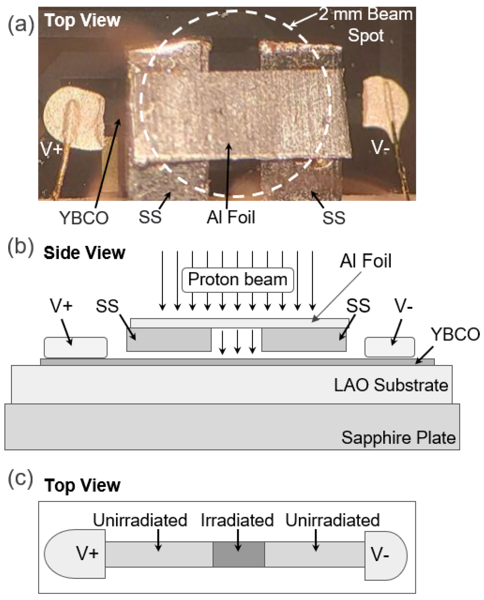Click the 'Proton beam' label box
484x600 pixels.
pyautogui.click(x=238, y=280)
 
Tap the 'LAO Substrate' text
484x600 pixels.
pyautogui.click(x=391, y=385)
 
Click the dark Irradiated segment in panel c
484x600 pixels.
pyautogui.click(x=239, y=554)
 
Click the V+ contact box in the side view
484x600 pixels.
pyautogui.click(x=76, y=347)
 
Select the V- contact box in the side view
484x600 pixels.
pyautogui.click(x=389, y=347)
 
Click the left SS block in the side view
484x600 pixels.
pyautogui.click(x=169, y=339)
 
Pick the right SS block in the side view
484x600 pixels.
pyautogui.click(x=304, y=339)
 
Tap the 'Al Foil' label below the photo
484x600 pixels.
pyautogui.click(x=231, y=217)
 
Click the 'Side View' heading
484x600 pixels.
pyautogui.click(x=84, y=253)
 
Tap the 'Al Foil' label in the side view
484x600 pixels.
pyautogui.click(x=366, y=261)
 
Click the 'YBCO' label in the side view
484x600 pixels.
pyautogui.click(x=455, y=334)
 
